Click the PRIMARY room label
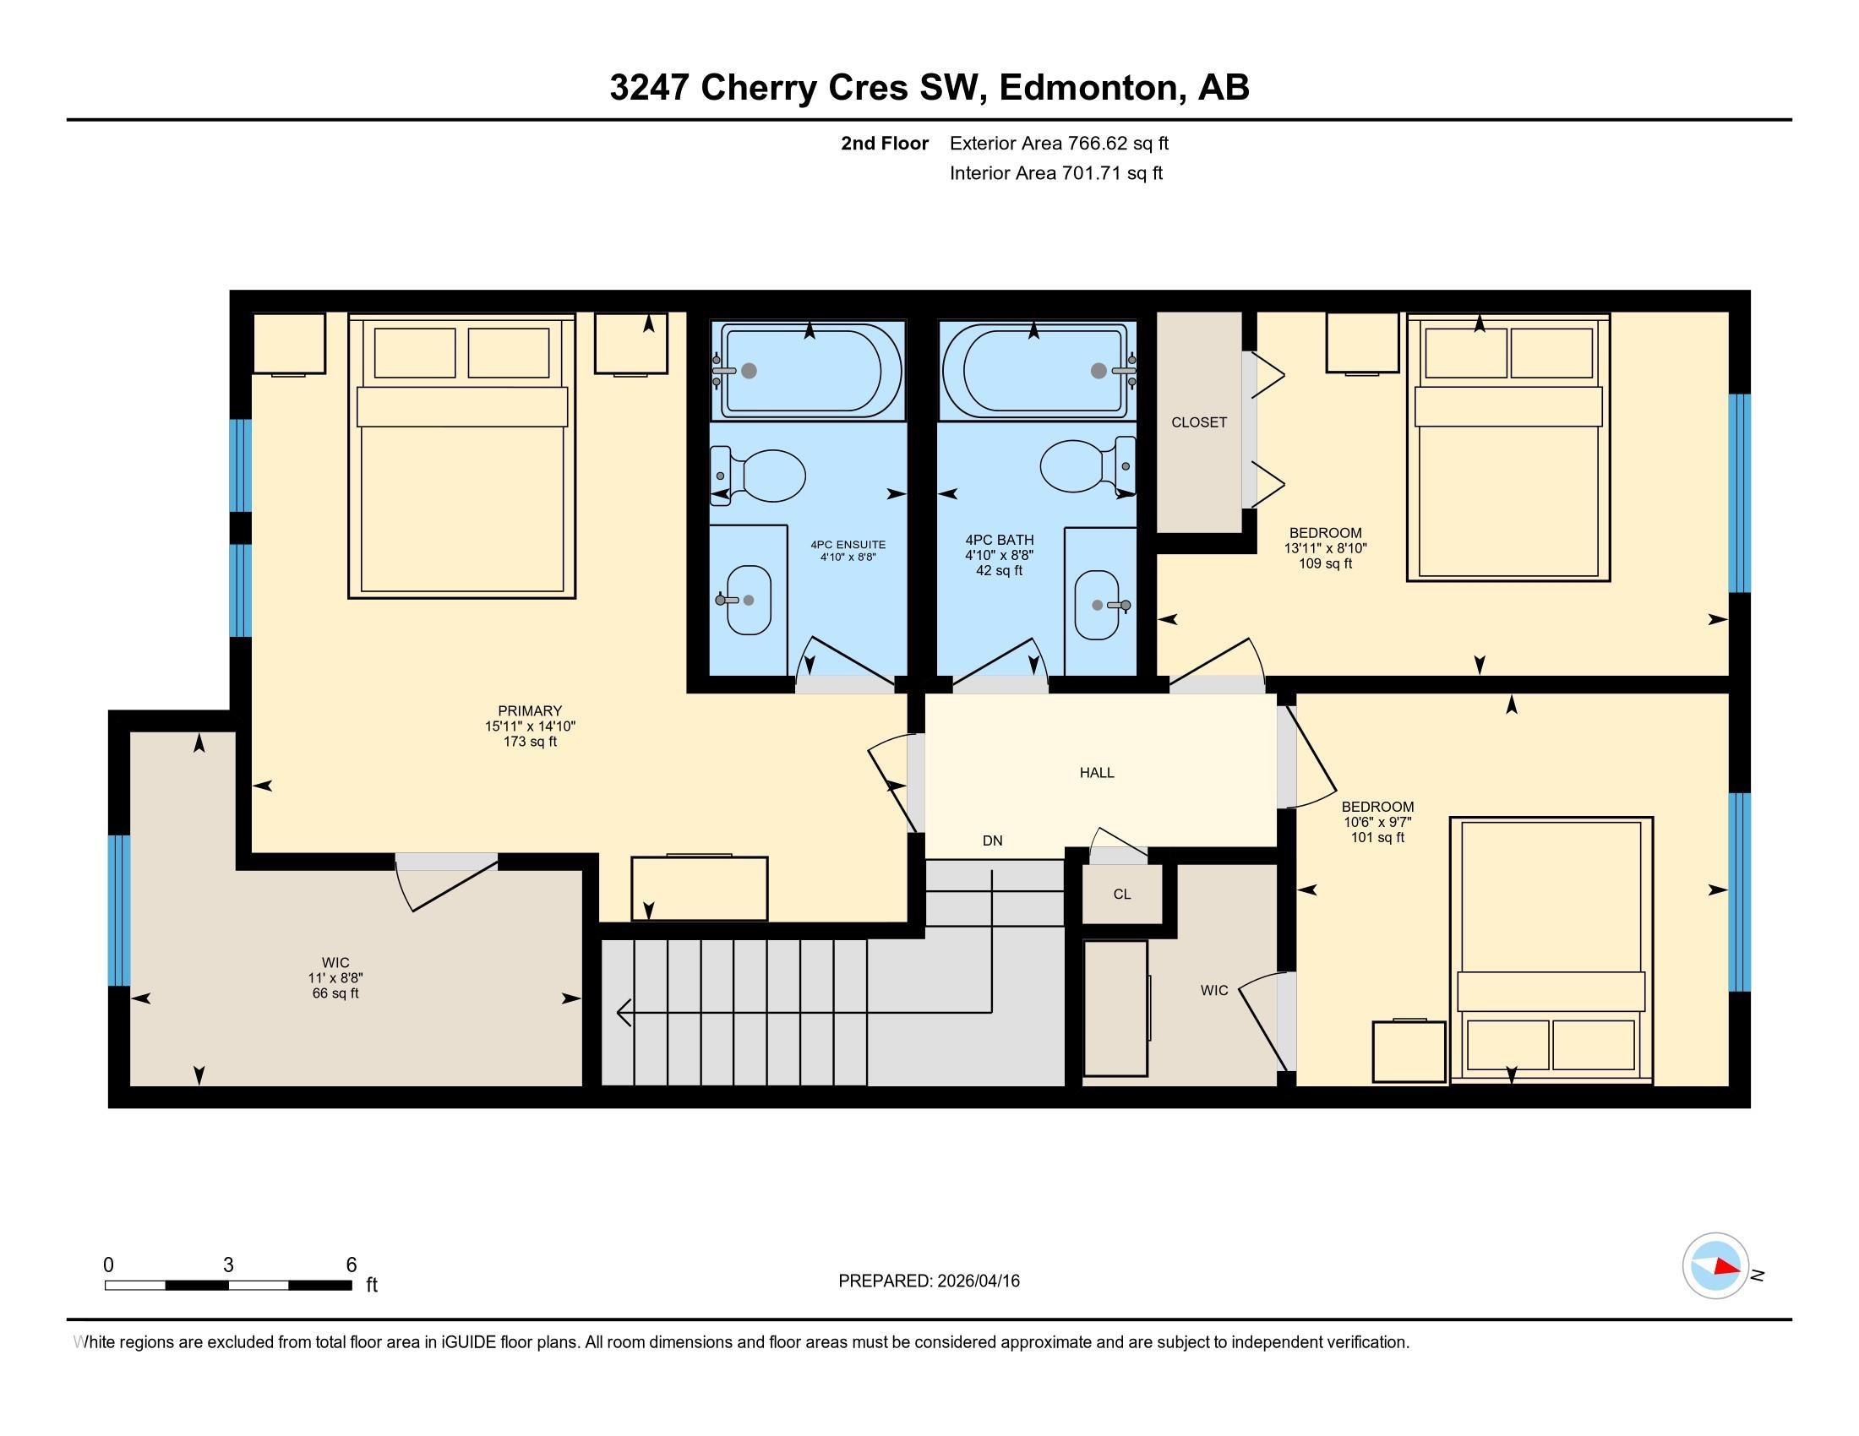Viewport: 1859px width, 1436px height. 530,710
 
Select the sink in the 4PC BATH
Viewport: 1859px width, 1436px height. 1098,605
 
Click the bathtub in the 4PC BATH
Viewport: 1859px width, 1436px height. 1036,370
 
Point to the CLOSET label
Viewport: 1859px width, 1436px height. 1198,422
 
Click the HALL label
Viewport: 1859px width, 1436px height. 1096,772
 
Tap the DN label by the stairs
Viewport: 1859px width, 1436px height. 993,840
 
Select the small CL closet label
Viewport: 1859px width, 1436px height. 1122,894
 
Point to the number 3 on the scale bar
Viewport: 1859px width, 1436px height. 228,1265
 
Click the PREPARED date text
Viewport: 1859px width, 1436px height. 929,1281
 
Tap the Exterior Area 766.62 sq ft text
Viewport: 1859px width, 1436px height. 1059,143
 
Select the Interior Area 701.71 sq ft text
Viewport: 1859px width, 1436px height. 1055,173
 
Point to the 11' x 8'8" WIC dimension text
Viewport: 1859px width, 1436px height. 335,978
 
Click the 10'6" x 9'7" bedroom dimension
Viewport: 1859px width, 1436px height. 1377,822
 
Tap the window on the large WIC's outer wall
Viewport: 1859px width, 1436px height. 120,911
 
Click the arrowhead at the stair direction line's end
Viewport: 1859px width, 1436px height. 622,1012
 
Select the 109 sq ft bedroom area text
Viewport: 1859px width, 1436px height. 1325,563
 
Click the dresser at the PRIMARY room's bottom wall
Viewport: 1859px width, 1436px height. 699,888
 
